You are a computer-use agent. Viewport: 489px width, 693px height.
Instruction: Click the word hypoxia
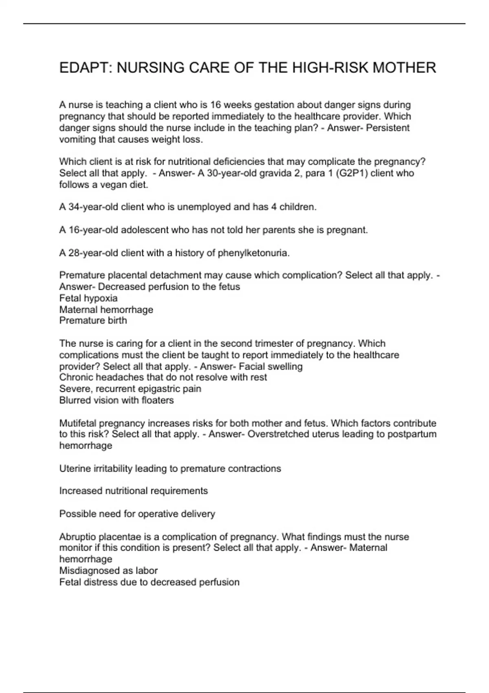pyautogui.click(x=101, y=298)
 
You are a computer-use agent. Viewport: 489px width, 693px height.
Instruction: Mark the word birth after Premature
pyautogui.click(x=117, y=320)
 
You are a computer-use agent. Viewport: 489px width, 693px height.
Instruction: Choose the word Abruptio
pyautogui.click(x=78, y=537)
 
